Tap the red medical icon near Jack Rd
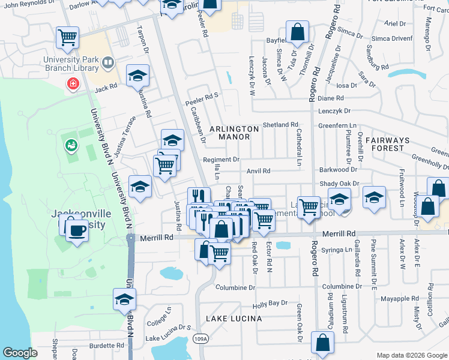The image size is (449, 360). click(73, 83)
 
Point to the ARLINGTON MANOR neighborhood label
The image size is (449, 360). click(234, 133)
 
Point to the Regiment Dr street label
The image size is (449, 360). click(221, 160)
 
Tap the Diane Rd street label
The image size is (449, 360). click(331, 98)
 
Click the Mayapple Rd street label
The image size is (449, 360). click(399, 298)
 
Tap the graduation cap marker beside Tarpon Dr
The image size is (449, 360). click(138, 76)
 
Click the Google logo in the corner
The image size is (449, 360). click(20, 353)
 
